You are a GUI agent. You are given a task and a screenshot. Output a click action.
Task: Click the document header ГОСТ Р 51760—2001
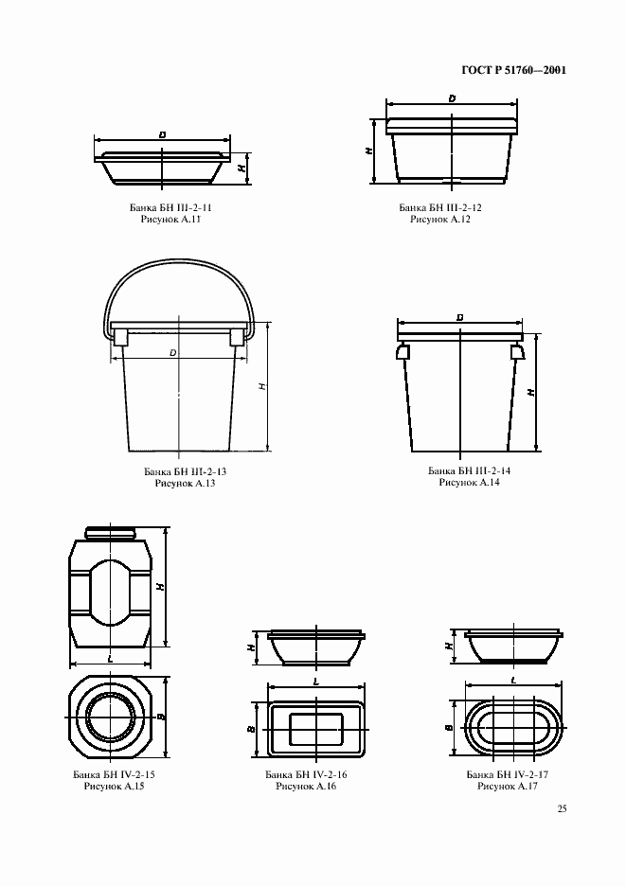click(514, 71)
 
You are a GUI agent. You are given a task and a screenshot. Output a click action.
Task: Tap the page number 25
click(562, 808)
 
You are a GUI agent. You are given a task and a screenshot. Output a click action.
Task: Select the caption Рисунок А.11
click(170, 220)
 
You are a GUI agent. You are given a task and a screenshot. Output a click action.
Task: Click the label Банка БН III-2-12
click(440, 207)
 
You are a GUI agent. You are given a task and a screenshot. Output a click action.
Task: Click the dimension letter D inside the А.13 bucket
click(173, 352)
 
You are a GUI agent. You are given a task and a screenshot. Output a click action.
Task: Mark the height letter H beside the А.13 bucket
click(262, 386)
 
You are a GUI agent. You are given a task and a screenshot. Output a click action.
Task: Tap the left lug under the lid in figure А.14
click(403, 352)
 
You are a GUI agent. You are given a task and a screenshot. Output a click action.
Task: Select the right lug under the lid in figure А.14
click(517, 352)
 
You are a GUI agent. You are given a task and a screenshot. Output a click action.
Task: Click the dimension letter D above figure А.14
click(460, 318)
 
